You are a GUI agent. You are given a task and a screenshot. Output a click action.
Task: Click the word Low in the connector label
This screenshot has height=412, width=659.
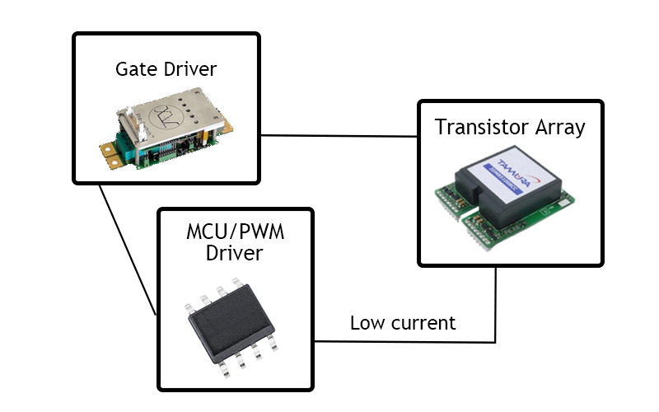click(x=366, y=323)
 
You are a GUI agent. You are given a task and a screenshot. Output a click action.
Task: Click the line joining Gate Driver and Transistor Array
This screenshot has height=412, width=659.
click(x=338, y=135)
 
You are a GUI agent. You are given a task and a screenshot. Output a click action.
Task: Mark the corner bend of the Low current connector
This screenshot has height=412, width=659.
click(x=495, y=341)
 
